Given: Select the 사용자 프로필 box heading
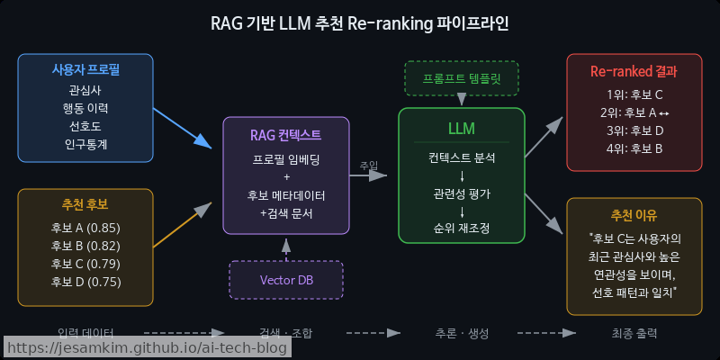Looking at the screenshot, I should tap(85, 70).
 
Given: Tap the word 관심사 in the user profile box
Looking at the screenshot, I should tap(85, 91).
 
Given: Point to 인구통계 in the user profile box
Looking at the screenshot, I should tap(85, 144).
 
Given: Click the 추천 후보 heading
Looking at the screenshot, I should tap(85, 204).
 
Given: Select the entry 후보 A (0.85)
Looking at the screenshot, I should tap(85, 227).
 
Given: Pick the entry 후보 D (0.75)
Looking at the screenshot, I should tap(85, 281).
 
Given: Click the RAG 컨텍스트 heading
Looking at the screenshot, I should tap(286, 135).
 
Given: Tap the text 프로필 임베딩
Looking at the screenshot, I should tap(286, 158).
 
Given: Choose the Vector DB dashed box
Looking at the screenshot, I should tap(286, 279).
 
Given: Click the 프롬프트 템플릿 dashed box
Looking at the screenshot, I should tap(461, 78).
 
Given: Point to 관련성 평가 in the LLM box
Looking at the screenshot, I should tap(461, 193).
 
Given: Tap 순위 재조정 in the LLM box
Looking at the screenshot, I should tap(461, 229).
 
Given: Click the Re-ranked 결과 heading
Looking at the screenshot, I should tap(634, 70).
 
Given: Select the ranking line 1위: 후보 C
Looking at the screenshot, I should tap(634, 94).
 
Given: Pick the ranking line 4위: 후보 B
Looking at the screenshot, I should tap(634, 148).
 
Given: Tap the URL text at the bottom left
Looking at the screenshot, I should tap(139, 347).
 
